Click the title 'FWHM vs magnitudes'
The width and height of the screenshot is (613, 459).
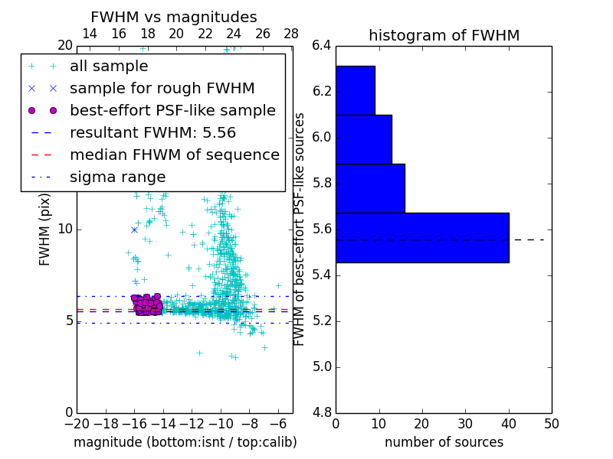[174, 18]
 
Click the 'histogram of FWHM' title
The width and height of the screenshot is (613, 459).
[444, 35]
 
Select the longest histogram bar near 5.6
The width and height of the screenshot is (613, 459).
[422, 237]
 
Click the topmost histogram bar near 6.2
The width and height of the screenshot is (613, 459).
[355, 90]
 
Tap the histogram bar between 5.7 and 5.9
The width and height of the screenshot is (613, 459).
[370, 188]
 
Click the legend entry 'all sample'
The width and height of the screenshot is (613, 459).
[109, 67]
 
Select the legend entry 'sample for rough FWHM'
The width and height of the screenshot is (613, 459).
[162, 89]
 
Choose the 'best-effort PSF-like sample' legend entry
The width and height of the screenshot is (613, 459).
[172, 111]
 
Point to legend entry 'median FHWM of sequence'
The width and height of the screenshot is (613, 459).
[174, 155]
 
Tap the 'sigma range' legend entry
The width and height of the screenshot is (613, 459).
[117, 177]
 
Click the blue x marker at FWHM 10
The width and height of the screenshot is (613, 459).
[134, 229]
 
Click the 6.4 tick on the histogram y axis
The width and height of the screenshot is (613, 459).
[322, 46]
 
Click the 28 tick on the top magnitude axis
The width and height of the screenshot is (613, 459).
[291, 34]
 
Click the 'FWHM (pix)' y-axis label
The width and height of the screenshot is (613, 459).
[45, 229]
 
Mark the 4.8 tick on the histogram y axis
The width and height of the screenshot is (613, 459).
[322, 412]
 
